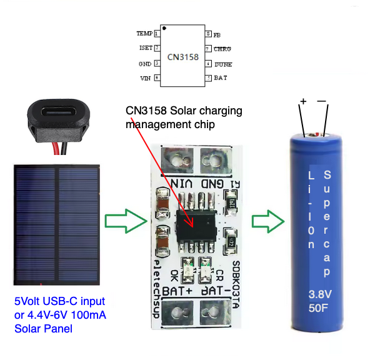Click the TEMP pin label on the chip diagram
144,32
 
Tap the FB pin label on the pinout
217,34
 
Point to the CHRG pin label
222,49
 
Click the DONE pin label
222,64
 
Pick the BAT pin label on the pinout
220,79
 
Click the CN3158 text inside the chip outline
182,57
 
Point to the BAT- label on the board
216,291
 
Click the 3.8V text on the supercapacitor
319,294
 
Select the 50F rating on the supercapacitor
319,308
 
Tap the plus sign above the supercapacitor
304,101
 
